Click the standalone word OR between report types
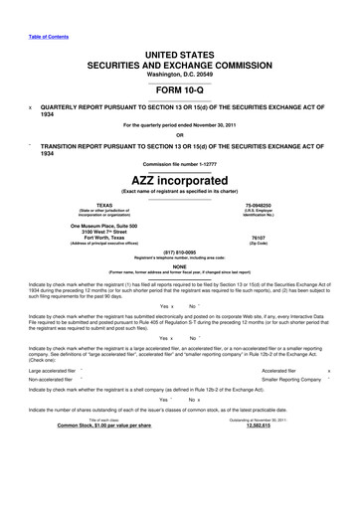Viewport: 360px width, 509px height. (x=179, y=136)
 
